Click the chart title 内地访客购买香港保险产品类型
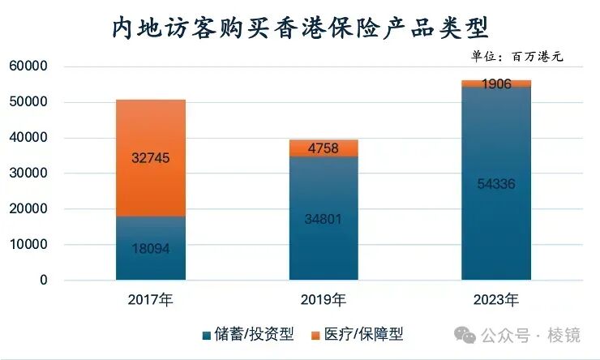299,28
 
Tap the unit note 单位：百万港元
516,57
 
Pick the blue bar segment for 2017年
150,268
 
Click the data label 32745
151,159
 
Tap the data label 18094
151,248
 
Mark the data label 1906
495,84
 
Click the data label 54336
495,183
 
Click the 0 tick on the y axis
44,280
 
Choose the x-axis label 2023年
495,300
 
